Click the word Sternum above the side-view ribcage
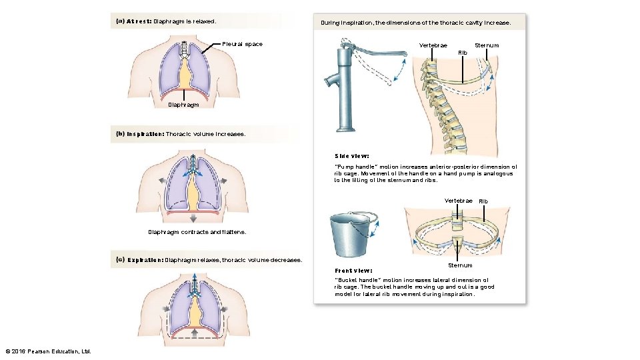pos(486,45)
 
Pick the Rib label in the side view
pos(463,52)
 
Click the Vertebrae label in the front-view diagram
pos(459,201)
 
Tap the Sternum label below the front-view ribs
pos(460,265)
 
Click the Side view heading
pos(351,156)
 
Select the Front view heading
pos(353,270)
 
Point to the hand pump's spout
pos(331,83)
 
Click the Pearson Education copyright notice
pos(48,351)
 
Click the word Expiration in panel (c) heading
pos(145,259)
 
